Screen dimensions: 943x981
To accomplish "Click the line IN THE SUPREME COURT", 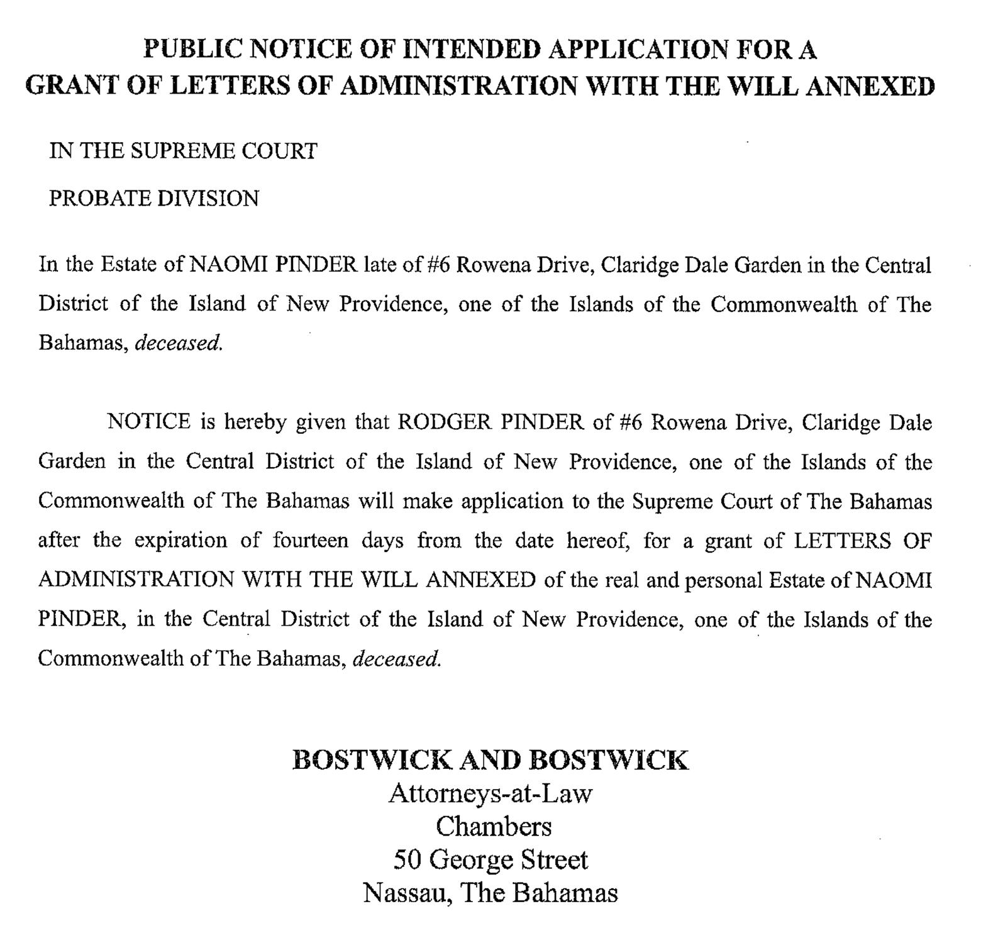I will click(183, 152).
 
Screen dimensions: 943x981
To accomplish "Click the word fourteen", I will click(311, 541).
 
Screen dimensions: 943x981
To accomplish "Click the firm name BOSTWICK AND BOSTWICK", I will click(490, 760).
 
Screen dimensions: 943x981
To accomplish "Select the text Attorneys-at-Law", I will click(490, 794).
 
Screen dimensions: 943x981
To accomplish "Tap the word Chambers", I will click(494, 827).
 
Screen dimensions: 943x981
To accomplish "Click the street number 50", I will click(407, 860).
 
